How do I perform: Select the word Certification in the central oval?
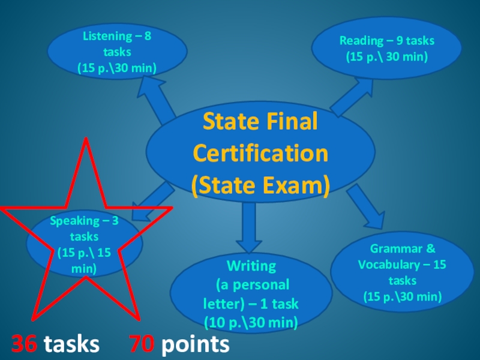coord(260,154)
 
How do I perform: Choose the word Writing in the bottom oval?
coord(251,265)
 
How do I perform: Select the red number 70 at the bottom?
coord(143,344)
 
